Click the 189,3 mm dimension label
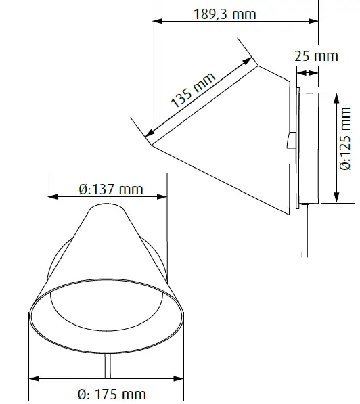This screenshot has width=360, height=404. (226, 13)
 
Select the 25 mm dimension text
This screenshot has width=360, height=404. (316, 55)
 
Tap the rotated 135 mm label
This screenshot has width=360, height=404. (193, 90)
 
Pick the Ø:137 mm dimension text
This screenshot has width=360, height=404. (111, 189)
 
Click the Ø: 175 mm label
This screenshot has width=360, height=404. (112, 394)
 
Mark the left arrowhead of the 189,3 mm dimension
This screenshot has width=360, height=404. (156, 22)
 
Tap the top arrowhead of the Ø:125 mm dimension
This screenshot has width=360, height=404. (336, 97)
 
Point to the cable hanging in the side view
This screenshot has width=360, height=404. (302, 233)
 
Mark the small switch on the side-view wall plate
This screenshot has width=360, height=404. (289, 141)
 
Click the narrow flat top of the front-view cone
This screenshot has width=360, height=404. (107, 207)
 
